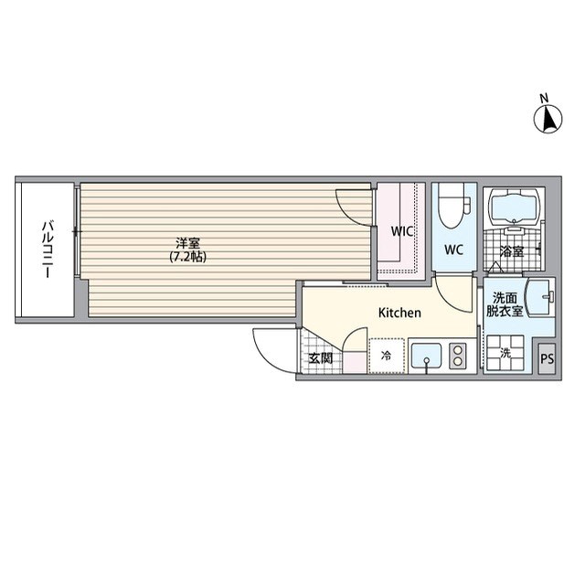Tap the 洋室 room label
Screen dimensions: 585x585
click(188, 244)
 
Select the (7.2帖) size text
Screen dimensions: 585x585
click(188, 258)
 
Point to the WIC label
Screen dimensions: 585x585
click(402, 231)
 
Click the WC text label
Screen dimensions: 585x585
click(454, 249)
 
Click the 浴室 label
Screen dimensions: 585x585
click(511, 250)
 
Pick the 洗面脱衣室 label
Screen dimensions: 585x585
click(506, 304)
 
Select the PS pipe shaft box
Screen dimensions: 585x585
click(547, 358)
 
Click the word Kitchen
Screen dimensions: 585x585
click(399, 313)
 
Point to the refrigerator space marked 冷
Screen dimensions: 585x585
click(386, 356)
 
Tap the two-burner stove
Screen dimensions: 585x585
click(458, 355)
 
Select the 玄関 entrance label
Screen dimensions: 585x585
click(320, 357)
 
